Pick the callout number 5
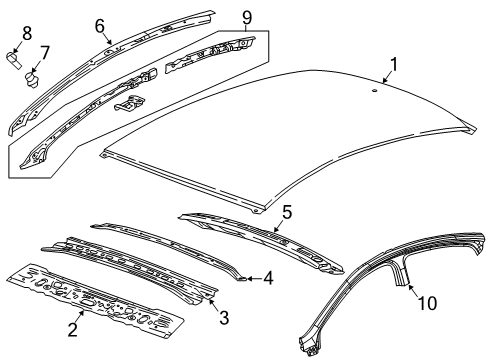285,213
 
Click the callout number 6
99,25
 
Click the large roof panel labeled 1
290,140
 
